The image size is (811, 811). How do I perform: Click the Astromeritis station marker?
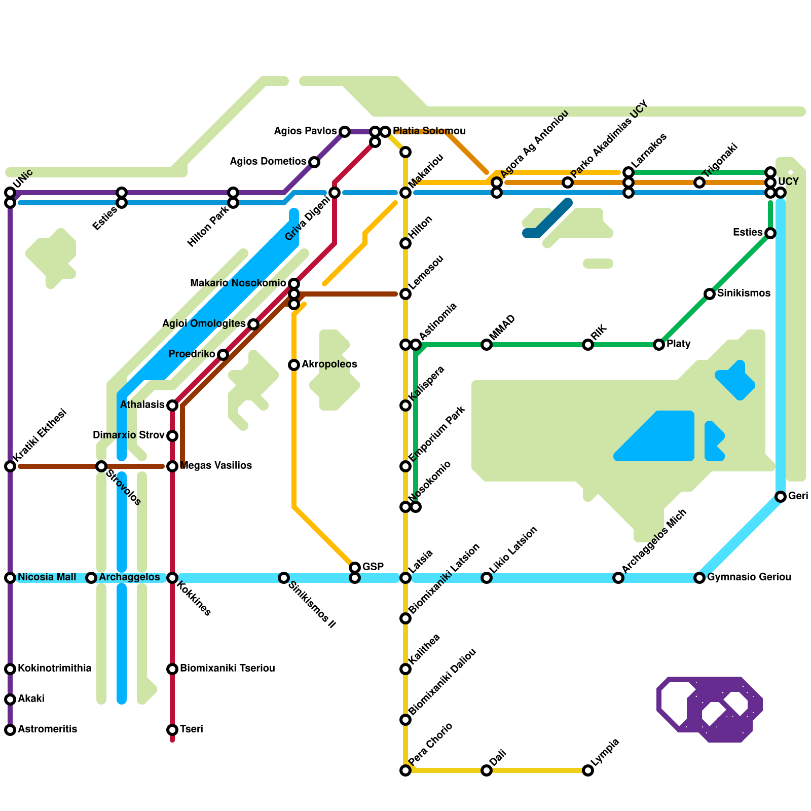(x=10, y=730)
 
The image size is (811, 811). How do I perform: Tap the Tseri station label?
(x=191, y=729)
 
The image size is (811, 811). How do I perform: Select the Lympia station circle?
(x=588, y=770)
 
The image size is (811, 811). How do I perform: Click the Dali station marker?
(x=487, y=770)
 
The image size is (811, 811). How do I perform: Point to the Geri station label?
(x=798, y=496)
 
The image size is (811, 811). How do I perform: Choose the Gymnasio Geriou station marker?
(x=699, y=578)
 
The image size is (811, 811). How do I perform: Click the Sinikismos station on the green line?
(x=710, y=294)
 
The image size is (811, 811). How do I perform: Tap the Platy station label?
(x=678, y=344)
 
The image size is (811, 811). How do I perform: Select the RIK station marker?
(x=588, y=345)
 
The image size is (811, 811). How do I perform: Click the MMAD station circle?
(x=487, y=345)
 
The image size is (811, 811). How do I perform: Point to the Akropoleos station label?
(x=329, y=364)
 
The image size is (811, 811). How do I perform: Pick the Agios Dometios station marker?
(x=314, y=162)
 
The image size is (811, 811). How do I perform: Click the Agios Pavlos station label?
(x=305, y=131)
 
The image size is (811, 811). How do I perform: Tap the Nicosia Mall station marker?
(x=10, y=578)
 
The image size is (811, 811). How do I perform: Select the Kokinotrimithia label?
(x=54, y=669)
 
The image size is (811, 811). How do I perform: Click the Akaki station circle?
(x=10, y=699)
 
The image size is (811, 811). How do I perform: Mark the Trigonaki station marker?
(x=699, y=182)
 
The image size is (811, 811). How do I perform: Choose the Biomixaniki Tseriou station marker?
(x=172, y=669)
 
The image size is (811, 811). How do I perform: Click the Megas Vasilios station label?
(x=215, y=466)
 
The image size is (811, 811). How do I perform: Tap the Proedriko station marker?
(x=223, y=355)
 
